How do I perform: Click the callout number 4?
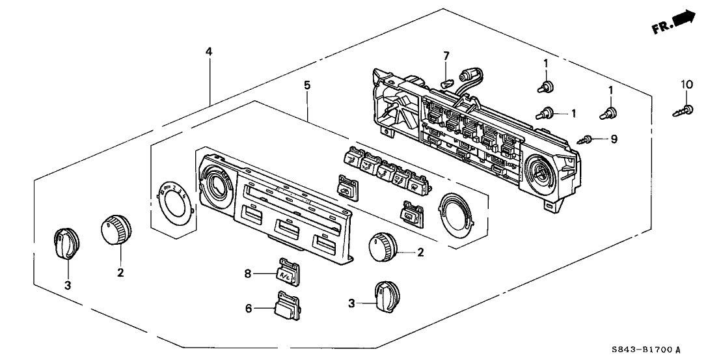click(x=208, y=51)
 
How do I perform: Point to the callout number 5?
click(x=307, y=85)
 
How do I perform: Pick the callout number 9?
click(x=614, y=139)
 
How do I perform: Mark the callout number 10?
click(x=687, y=85)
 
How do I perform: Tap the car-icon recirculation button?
click(x=345, y=187)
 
